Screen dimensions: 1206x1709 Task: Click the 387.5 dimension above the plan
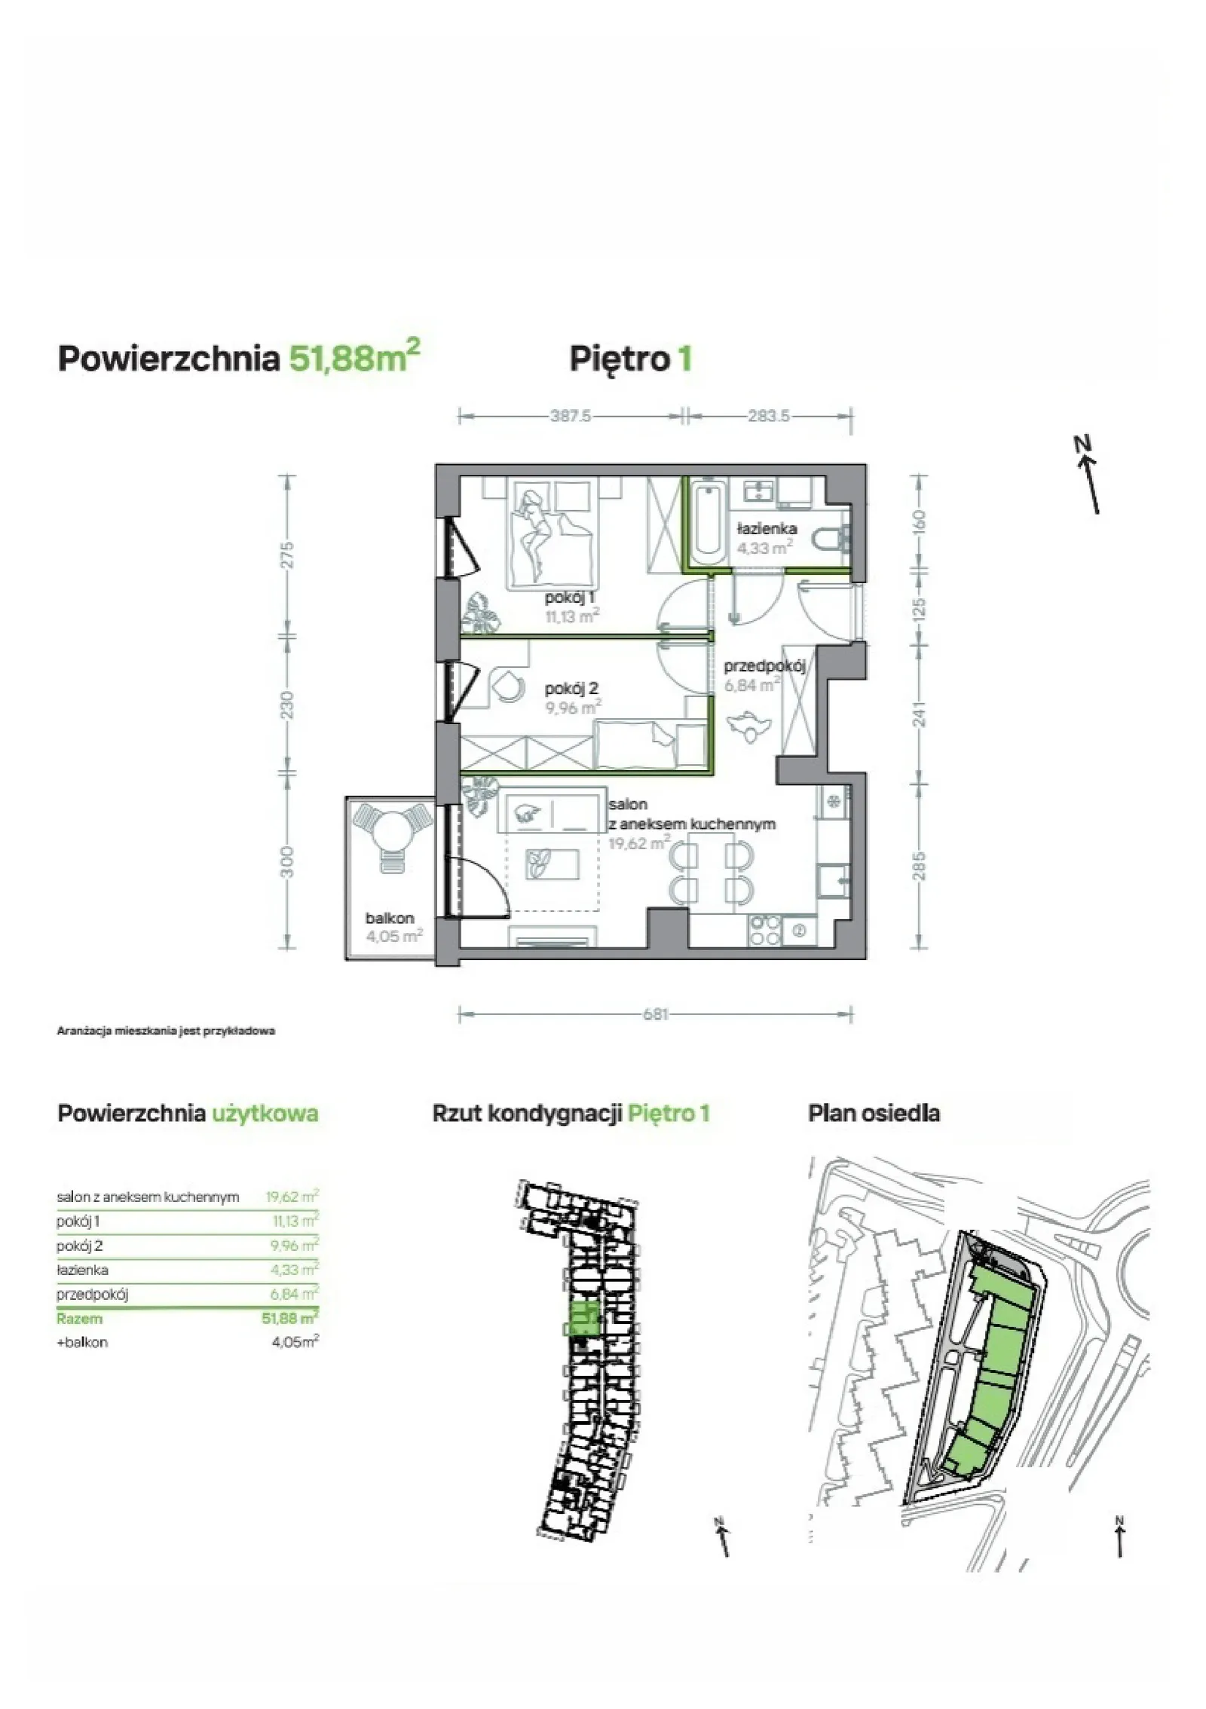[x=570, y=415]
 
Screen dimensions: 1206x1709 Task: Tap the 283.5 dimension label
[x=768, y=415]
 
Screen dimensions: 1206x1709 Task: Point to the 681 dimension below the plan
[x=655, y=1013]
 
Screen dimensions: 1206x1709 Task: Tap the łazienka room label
[x=767, y=528]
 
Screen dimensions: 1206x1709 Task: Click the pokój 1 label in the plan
[x=570, y=598]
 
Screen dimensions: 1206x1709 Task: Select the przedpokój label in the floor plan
[x=764, y=666]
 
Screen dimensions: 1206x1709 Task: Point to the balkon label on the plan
[x=390, y=918]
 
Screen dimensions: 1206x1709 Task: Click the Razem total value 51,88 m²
[x=289, y=1318]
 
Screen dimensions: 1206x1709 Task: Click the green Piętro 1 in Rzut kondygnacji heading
[x=669, y=1113]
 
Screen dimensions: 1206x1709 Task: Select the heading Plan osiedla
[x=874, y=1113]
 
